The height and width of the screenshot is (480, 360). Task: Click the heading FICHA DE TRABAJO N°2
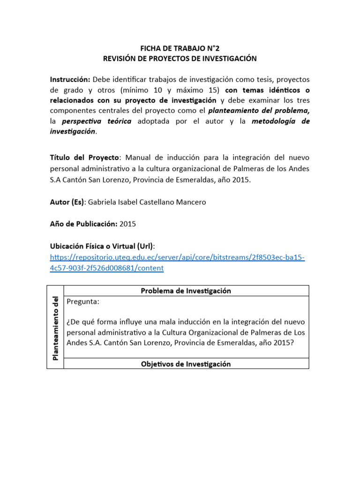(x=180, y=48)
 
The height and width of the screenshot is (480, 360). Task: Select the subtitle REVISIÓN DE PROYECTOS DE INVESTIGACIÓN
(x=180, y=59)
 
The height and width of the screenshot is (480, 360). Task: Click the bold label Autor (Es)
(x=67, y=202)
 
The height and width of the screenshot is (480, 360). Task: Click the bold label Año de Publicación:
(x=83, y=224)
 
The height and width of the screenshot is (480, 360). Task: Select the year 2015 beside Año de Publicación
(x=128, y=224)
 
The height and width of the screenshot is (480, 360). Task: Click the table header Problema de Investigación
(x=186, y=291)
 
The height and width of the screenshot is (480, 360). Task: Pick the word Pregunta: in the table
(x=83, y=302)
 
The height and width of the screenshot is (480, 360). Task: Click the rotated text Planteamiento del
(x=55, y=328)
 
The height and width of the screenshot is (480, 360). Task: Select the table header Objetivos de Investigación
(x=186, y=364)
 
